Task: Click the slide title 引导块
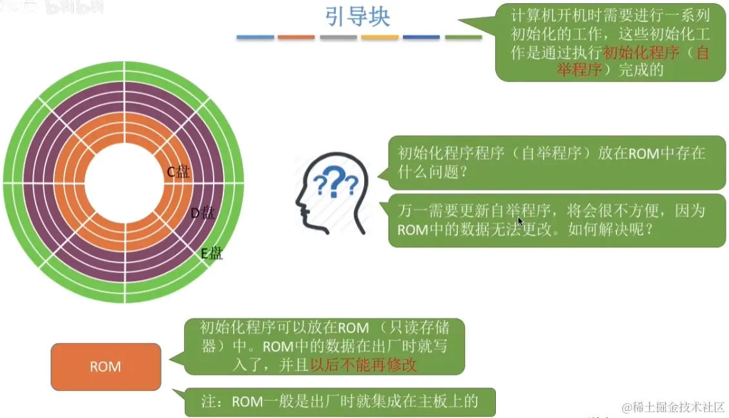tap(357, 17)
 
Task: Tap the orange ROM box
tap(105, 367)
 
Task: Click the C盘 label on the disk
tap(179, 172)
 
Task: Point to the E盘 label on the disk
tap(212, 253)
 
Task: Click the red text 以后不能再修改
tap(364, 364)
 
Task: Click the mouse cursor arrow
tap(520, 221)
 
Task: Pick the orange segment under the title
tap(296, 37)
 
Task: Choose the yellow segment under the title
tap(380, 37)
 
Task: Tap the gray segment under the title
tap(338, 37)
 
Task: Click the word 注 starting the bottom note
tap(208, 402)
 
